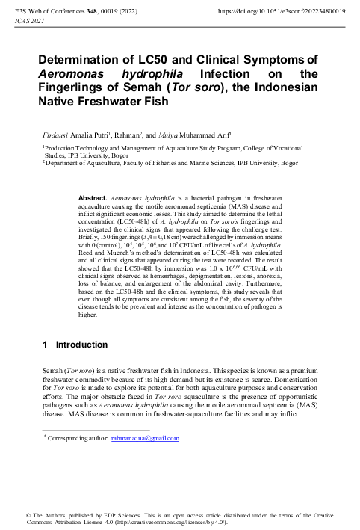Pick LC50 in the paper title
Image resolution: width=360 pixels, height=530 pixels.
click(x=181, y=59)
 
